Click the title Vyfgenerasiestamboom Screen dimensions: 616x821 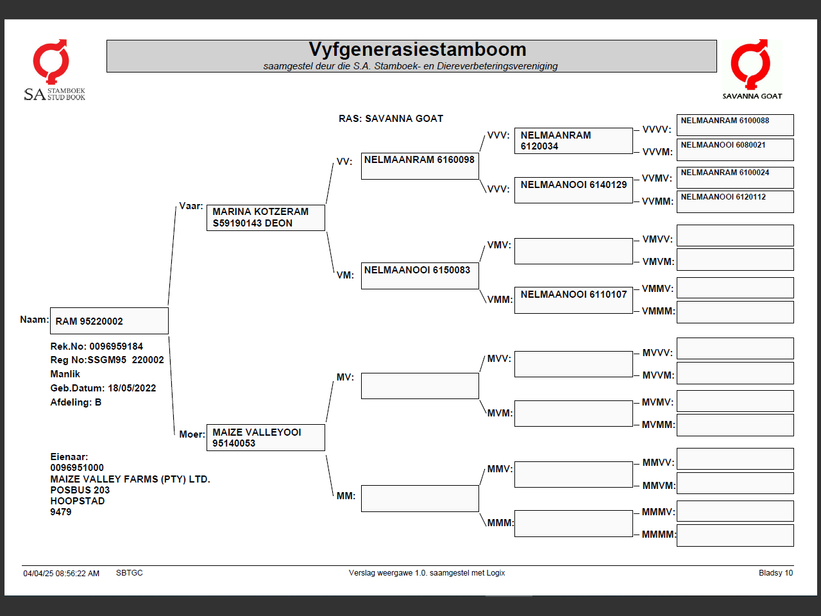(417, 49)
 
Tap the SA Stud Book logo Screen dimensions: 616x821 (54, 71)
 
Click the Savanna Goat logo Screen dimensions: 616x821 (752, 69)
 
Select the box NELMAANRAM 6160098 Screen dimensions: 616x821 (419, 166)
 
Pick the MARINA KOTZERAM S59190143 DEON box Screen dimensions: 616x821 (266, 218)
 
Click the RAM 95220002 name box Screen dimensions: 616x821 (109, 321)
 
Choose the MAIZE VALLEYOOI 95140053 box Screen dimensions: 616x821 (266, 438)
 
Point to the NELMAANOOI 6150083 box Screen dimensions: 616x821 (419, 276)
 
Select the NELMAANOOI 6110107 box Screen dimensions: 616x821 (573, 300)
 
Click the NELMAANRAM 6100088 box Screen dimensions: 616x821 (735, 124)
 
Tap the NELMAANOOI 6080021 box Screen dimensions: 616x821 (735, 149)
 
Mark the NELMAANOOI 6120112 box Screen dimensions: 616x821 (735, 201)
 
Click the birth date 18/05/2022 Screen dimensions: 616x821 (131, 388)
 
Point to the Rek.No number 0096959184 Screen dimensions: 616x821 (116, 346)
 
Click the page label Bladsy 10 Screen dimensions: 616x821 (775, 573)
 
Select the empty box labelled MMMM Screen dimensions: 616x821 (735, 535)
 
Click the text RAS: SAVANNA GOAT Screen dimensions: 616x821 (391, 119)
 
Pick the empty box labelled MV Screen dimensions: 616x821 (419, 386)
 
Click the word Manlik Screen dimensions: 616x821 (65, 374)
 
